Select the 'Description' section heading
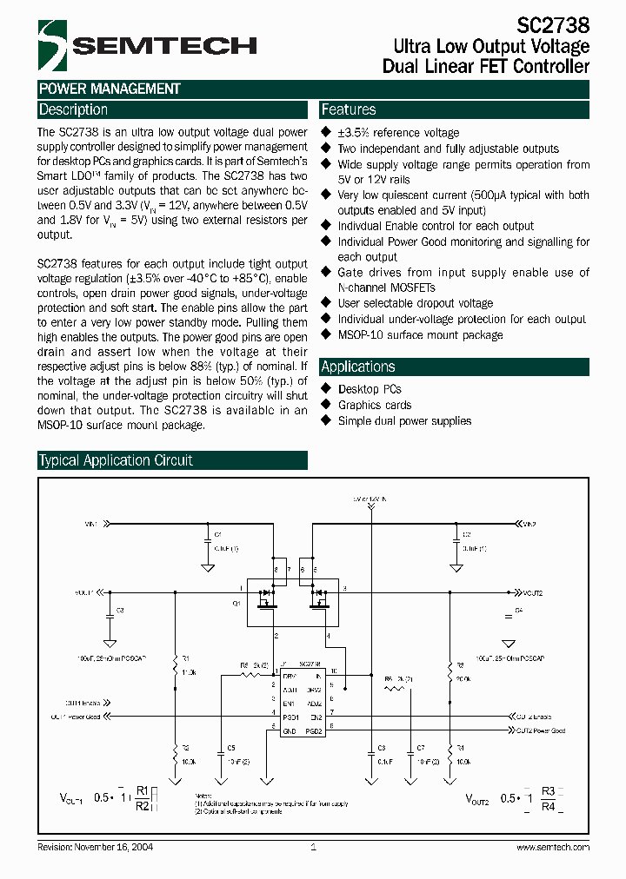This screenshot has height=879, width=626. tap(73, 110)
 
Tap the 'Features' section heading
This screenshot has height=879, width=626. tap(349, 110)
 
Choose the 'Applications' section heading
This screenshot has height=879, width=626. tap(358, 367)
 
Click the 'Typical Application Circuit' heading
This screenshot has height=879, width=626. tap(116, 460)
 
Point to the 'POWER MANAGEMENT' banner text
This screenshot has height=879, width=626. tap(110, 89)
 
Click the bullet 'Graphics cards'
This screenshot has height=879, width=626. tap(375, 405)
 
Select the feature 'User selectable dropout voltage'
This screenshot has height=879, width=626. tap(415, 303)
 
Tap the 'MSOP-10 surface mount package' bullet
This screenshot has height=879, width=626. tap(420, 334)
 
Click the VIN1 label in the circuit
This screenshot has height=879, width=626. tap(91, 524)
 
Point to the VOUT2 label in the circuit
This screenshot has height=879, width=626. tap(532, 592)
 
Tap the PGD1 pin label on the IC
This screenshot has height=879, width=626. tap(290, 717)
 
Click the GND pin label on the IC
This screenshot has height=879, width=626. tap(289, 731)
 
